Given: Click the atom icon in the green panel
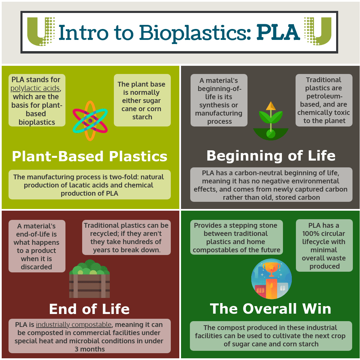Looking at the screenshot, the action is pos(90,121).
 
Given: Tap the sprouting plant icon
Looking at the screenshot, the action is pos(271,121).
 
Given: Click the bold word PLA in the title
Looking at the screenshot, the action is pos(278,32).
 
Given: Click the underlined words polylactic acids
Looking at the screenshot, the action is pos(35,88).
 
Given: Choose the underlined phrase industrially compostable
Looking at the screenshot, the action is pos(74,325).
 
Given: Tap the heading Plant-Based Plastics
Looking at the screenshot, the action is pos(90,156).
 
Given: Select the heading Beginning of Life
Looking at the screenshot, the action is pos(271,156).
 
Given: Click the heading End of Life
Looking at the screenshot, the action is pos(89,309).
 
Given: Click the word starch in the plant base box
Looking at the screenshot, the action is pos(142,117).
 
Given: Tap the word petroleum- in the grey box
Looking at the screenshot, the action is pos(324,96).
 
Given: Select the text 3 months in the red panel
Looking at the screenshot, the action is pos(90,349).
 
